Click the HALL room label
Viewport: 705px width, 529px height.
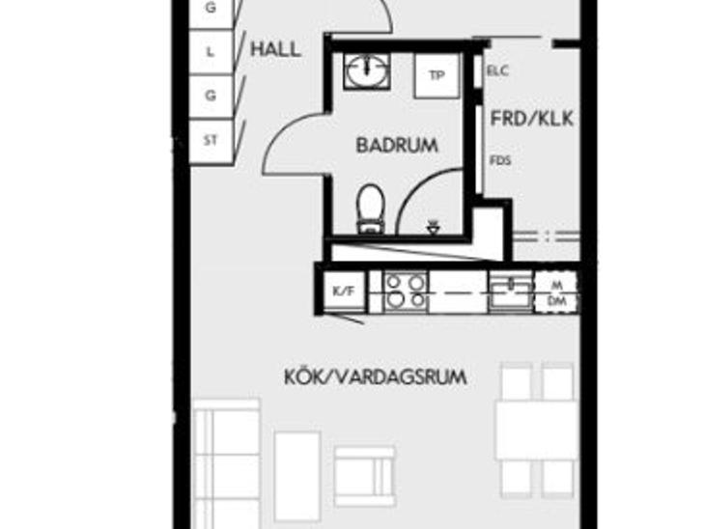[x=275, y=49]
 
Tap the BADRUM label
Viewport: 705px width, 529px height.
[x=397, y=145]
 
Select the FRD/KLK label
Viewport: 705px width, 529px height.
[x=532, y=119]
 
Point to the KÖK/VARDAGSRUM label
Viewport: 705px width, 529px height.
[x=376, y=376]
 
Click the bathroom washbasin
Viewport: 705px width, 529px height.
[x=367, y=71]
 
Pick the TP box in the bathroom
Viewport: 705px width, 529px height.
[x=437, y=75]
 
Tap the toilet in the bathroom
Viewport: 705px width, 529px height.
[x=371, y=209]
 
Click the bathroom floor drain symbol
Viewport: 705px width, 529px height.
[x=433, y=228]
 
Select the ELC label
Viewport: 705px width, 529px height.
[x=497, y=70]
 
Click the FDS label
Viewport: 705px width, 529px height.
[x=500, y=160]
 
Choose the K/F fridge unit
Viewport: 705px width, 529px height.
[x=344, y=292]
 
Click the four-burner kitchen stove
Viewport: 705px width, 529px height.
[x=406, y=292]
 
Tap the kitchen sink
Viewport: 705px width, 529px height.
[x=511, y=292]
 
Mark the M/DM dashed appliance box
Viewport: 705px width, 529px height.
[x=556, y=292]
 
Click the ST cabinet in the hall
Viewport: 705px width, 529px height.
[x=211, y=142]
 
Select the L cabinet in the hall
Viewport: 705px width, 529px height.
[x=211, y=52]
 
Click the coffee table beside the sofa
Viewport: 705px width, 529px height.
[x=297, y=477]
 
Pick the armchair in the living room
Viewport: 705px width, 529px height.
[x=365, y=477]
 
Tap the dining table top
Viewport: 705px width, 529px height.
[x=536, y=431]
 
